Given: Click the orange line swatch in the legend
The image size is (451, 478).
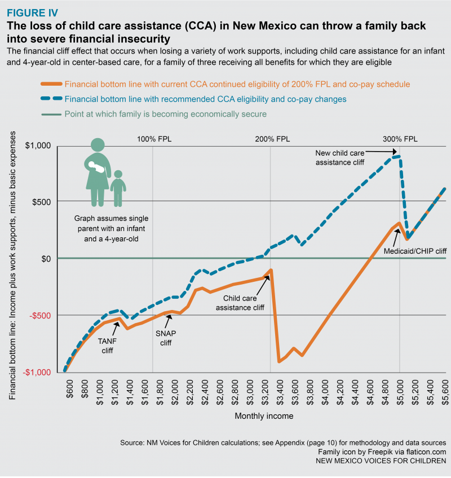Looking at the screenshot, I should pyautogui.click(x=50, y=85).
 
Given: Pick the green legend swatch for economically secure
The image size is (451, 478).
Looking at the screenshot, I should pyautogui.click(x=50, y=114).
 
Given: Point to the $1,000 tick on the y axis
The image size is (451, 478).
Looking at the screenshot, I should pyautogui.click(x=38, y=146).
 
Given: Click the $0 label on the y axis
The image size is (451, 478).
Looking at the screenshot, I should pyautogui.click(x=46, y=259).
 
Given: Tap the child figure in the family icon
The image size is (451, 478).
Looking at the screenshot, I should pyautogui.click(x=118, y=189).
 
